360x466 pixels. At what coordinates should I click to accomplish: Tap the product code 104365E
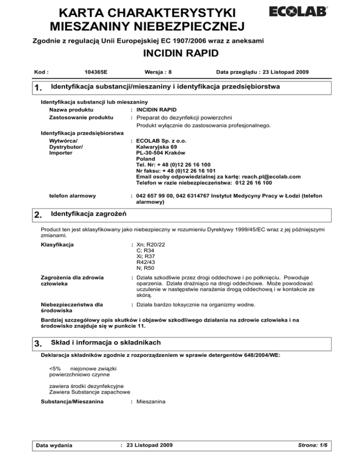click(x=97, y=72)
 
